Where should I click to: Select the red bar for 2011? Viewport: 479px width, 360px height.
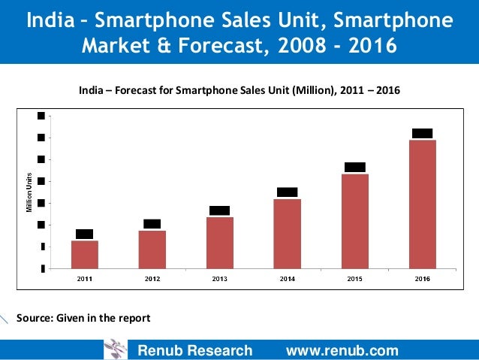[x=85, y=254]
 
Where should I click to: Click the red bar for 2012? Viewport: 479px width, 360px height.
[x=152, y=249]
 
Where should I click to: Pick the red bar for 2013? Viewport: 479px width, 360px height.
[x=220, y=242]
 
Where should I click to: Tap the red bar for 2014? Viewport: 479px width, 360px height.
[x=288, y=233]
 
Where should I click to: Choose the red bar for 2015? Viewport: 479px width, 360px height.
[x=355, y=221]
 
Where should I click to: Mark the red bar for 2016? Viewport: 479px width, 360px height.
[x=423, y=204]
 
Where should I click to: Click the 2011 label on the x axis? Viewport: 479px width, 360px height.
[x=85, y=279]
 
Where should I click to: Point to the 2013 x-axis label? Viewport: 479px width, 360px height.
[x=220, y=279]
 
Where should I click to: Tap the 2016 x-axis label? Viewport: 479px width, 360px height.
[x=423, y=279]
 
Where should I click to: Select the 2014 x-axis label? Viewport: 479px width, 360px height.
[x=288, y=279]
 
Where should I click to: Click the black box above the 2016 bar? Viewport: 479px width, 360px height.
[x=423, y=133]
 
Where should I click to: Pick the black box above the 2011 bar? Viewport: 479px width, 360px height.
[x=85, y=234]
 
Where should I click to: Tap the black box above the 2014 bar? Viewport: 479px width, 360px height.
[x=288, y=192]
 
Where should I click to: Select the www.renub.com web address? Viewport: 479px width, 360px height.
[x=342, y=350]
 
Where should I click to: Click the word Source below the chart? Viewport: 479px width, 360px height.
[x=34, y=318]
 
